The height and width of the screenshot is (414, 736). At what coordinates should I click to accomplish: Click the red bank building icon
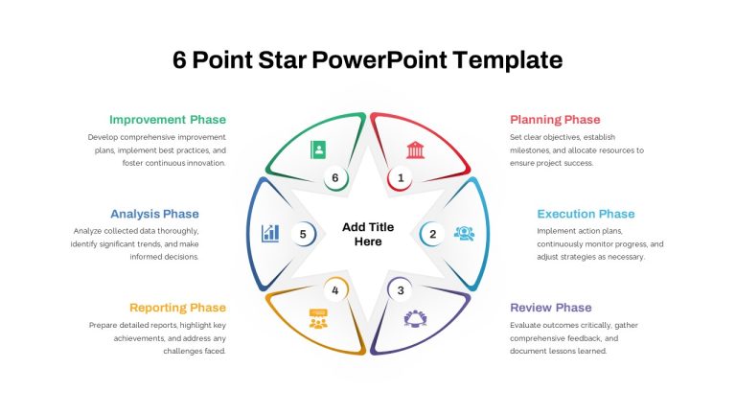tap(415, 150)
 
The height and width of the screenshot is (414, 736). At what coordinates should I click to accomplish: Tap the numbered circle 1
tap(400, 178)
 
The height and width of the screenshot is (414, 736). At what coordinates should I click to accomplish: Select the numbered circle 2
tap(432, 234)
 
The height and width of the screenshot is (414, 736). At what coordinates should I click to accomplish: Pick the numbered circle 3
tap(400, 290)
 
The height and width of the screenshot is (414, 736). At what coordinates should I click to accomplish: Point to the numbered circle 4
tap(335, 290)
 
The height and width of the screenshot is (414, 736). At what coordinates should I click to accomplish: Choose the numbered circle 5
tap(303, 234)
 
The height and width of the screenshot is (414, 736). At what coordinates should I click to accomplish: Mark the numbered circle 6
tap(335, 178)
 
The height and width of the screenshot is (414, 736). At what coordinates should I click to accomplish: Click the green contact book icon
tap(318, 150)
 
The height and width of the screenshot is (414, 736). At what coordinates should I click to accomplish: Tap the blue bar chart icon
tap(270, 233)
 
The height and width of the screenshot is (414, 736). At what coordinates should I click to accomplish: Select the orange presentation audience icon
tap(318, 319)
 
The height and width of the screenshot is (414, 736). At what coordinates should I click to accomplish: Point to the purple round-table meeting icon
tap(415, 318)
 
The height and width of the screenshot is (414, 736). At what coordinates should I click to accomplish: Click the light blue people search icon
tap(464, 233)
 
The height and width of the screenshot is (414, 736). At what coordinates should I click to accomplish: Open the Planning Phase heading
tap(555, 120)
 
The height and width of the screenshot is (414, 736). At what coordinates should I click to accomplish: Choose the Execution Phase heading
tap(586, 214)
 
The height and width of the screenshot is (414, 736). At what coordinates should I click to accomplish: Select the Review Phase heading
tap(551, 308)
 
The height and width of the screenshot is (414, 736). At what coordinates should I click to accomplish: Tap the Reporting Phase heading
tap(178, 308)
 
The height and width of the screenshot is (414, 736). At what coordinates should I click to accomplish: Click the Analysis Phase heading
tap(154, 214)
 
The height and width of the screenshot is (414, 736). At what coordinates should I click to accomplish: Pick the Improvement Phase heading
tap(168, 120)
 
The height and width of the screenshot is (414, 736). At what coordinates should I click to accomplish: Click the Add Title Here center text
tap(368, 234)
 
